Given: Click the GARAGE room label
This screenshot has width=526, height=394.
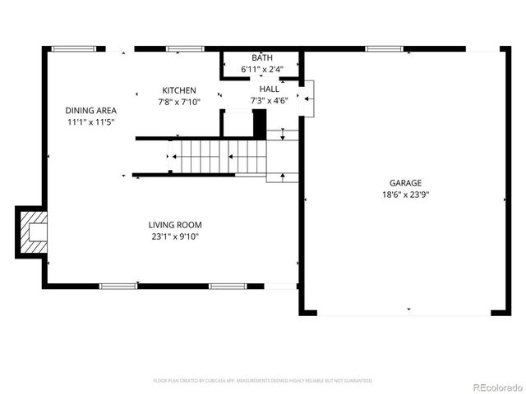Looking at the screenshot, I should pyautogui.click(x=405, y=183).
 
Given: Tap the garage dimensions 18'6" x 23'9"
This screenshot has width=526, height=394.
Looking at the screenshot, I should pyautogui.click(x=405, y=195).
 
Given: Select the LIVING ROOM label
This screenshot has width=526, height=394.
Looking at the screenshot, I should pyautogui.click(x=175, y=225).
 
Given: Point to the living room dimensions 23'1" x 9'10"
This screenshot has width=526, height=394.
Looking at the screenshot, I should pyautogui.click(x=175, y=236).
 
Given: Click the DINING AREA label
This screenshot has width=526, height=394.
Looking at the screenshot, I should pyautogui.click(x=91, y=110).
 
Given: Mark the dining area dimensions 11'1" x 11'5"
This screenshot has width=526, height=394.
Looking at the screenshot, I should pyautogui.click(x=91, y=121).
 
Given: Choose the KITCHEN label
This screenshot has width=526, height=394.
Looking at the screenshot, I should pyautogui.click(x=178, y=90).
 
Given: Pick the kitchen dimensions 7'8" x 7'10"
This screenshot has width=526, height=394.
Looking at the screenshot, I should pyautogui.click(x=178, y=102).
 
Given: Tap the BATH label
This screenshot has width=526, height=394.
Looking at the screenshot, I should pyautogui.click(x=262, y=58).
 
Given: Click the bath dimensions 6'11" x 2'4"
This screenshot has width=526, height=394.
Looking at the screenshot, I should pyautogui.click(x=262, y=70).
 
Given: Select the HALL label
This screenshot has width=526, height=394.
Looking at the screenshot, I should pyautogui.click(x=269, y=89).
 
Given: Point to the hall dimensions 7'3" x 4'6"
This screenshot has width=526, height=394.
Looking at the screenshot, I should pyautogui.click(x=269, y=101).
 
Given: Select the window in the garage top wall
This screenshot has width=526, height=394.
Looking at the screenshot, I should pyautogui.click(x=383, y=49).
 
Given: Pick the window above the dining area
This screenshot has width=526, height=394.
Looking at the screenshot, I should pyautogui.click(x=73, y=49).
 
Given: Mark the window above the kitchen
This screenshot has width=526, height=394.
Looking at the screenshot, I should pyautogui.click(x=185, y=49).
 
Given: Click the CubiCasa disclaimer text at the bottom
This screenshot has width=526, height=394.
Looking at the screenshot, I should pyautogui.click(x=263, y=381).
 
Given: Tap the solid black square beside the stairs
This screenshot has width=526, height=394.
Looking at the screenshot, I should pyautogui.click(x=260, y=124).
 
